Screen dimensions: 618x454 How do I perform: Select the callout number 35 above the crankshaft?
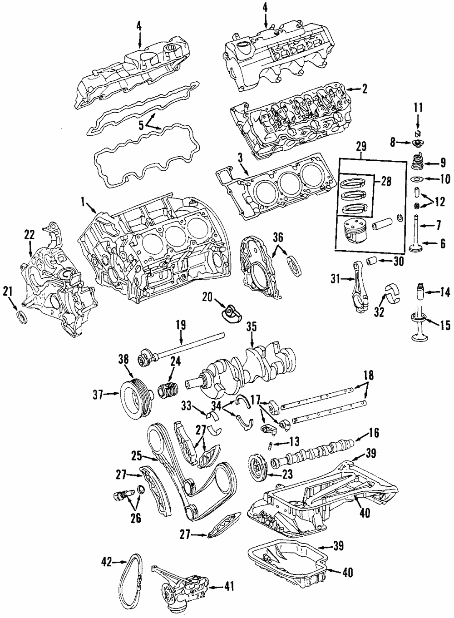pyautogui.click(x=252, y=326)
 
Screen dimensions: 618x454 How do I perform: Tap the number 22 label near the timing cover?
pyautogui.click(x=29, y=234)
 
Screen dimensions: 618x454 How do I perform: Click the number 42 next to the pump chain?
pyautogui.click(x=107, y=562)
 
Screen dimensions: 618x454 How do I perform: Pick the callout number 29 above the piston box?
pyautogui.click(x=361, y=147)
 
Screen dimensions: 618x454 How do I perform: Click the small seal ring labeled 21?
pyautogui.click(x=21, y=317)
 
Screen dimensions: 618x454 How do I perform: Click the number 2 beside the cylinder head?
pyautogui.click(x=364, y=89)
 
